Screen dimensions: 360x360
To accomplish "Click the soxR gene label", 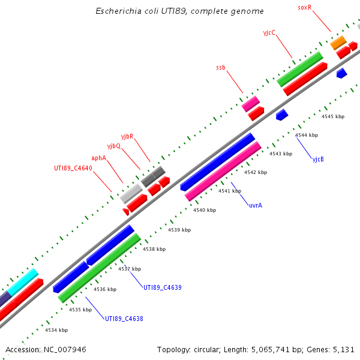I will coord(305,7).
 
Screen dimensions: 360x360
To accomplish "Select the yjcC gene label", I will coord(269,32).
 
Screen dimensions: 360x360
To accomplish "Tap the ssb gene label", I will coord(221,68).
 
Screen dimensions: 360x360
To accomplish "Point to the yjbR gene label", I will coord(127,137).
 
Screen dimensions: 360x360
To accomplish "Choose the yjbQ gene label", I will coord(114,146).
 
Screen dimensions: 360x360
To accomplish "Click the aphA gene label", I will coord(98,158).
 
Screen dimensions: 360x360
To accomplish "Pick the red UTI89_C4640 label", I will coord(73,168).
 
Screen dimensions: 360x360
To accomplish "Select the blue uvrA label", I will coord(256,205).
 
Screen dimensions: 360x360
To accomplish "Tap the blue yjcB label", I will coord(318,160).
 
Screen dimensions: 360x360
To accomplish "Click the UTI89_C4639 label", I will coord(162,287).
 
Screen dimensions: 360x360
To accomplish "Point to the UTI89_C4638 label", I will coord(124,319).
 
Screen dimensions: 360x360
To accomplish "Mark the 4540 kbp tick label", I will coord(205,210).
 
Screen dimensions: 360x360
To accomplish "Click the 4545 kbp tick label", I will coord(333,116).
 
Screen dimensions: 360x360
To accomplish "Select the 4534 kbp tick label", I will coord(56,330).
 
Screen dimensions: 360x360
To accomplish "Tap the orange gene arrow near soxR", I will coord(338,42).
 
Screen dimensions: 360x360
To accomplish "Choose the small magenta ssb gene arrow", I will coord(250,103).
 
